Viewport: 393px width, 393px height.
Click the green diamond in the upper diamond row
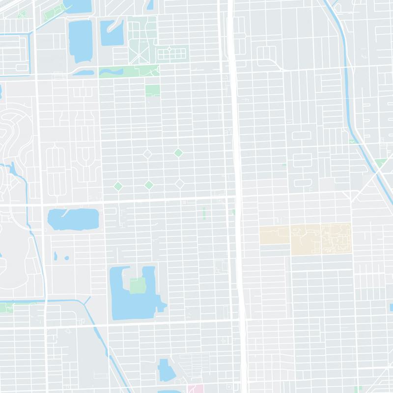(178, 153)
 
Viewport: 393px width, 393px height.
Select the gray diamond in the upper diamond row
(147, 154)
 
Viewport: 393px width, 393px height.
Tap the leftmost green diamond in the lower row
(118, 185)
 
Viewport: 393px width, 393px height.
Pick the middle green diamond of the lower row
(148, 185)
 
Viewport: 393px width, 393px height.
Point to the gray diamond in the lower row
(180, 184)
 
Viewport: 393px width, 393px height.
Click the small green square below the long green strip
(152, 90)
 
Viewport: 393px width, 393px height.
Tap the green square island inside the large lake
(138, 284)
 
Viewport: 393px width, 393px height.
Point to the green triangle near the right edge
(380, 163)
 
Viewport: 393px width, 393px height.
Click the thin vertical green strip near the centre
(204, 214)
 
